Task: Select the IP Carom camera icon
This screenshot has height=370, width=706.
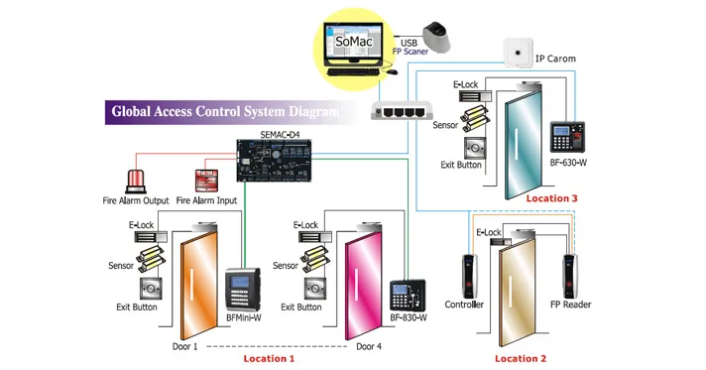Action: point(518,53)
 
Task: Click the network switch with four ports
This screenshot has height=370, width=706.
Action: point(402,111)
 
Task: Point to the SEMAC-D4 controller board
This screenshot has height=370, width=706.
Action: point(275,161)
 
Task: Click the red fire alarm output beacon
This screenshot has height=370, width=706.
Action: point(135,183)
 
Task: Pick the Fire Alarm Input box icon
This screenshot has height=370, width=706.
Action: point(206,182)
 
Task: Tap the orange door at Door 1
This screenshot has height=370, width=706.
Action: point(199,284)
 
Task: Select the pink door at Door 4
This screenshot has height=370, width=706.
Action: point(363,284)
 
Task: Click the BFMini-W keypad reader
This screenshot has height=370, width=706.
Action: point(243,290)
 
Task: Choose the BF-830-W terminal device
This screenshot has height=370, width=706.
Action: point(408,296)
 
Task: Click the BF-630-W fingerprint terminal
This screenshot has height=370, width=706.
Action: point(567,137)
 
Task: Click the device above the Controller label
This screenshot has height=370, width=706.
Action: point(468,277)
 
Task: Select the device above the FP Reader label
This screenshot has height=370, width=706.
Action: point(569,277)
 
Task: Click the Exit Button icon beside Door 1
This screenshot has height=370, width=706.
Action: point(151,289)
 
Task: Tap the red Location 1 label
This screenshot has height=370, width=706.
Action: point(269,359)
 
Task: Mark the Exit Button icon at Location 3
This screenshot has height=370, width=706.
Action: point(475,148)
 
